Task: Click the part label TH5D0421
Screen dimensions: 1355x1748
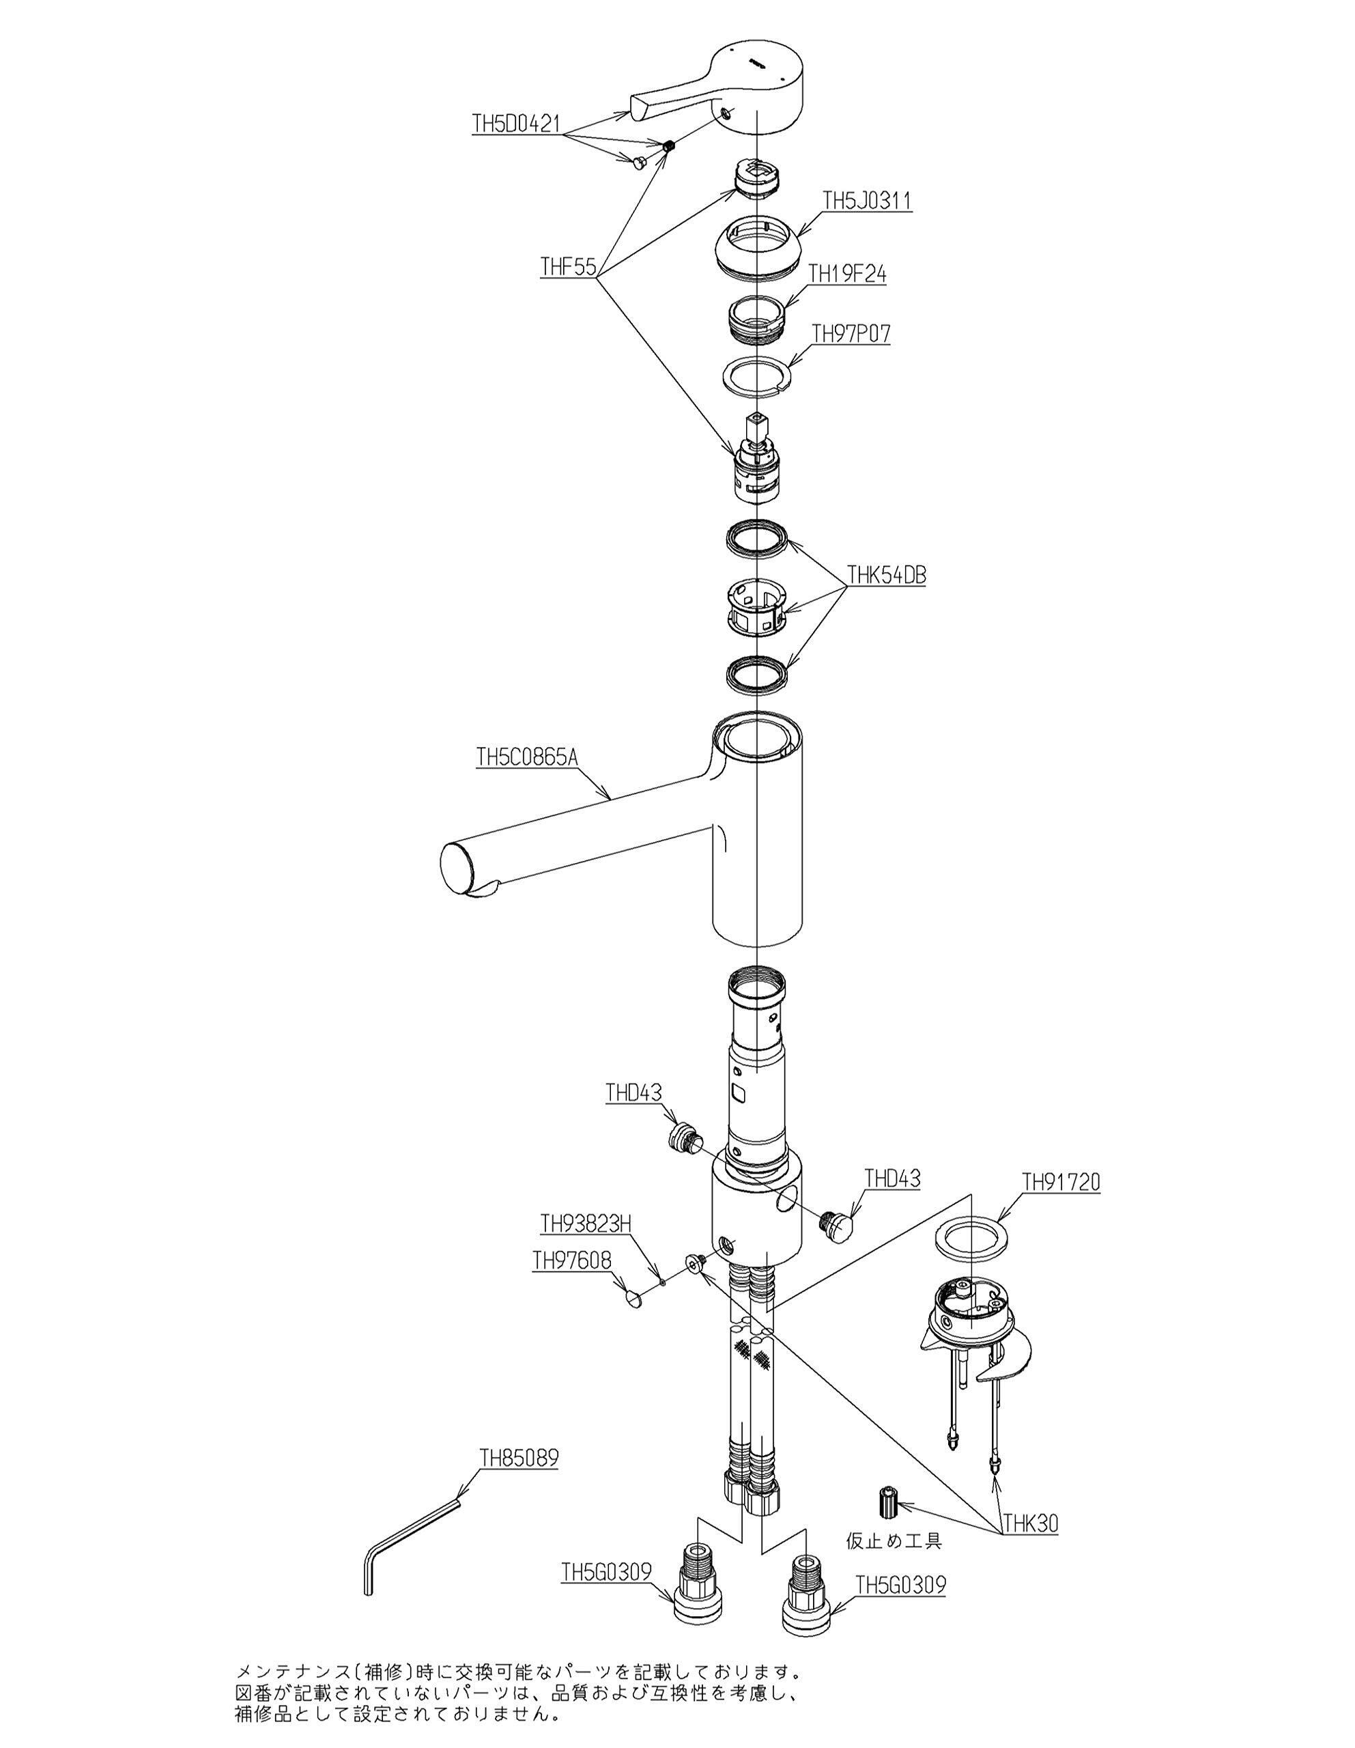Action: tap(515, 124)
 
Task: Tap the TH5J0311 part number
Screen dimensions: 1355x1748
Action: tap(868, 201)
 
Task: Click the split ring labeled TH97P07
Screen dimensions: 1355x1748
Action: tap(757, 375)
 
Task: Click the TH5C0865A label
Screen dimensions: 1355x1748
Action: tap(526, 757)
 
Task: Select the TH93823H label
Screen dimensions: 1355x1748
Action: tap(586, 1224)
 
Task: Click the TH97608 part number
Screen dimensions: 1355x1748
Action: tap(571, 1260)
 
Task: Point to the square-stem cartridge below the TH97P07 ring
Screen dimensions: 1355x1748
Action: tap(756, 457)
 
